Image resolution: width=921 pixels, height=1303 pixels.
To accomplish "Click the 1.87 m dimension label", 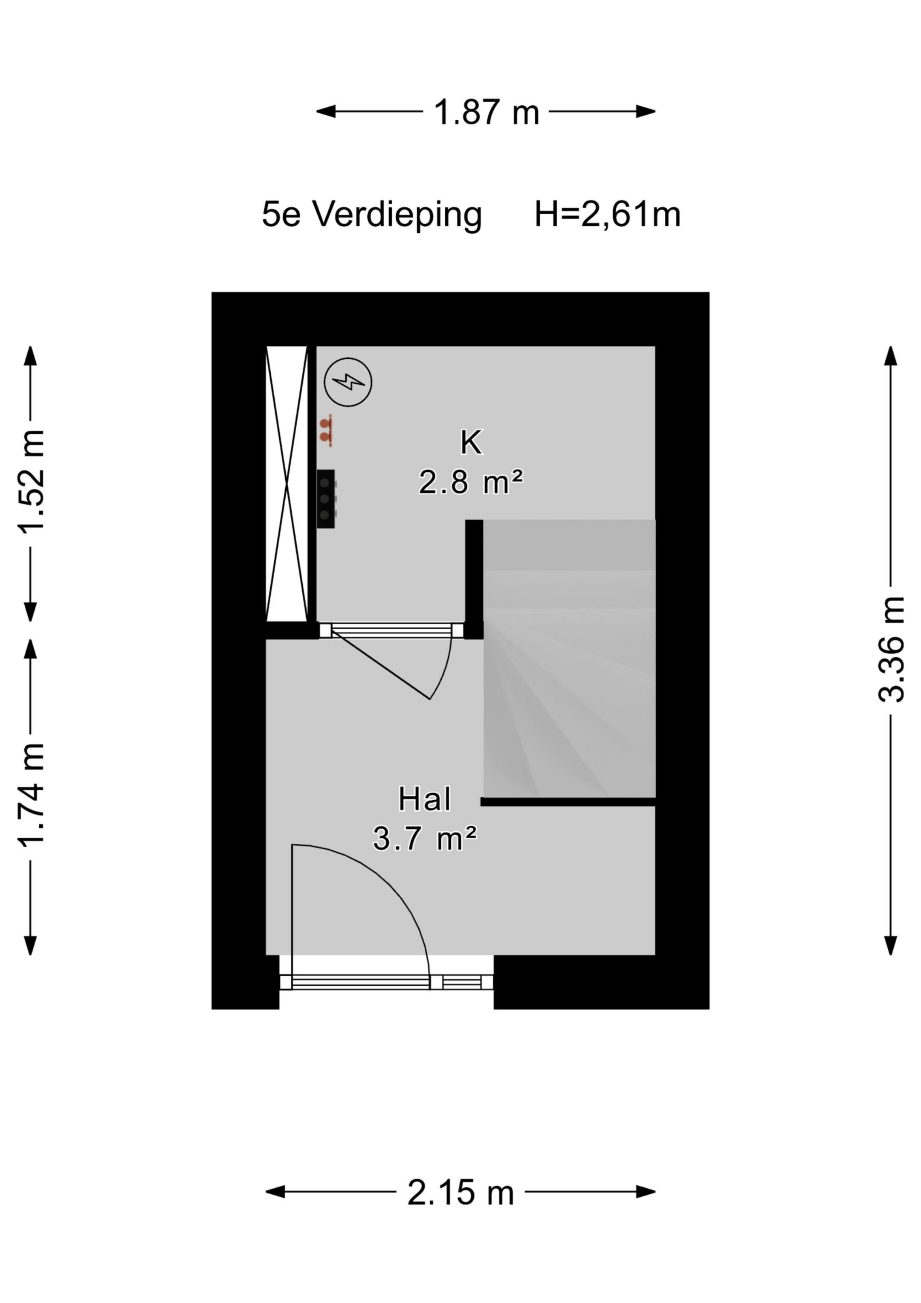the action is (487, 112).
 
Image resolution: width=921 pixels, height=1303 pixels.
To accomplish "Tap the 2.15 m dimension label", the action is (460, 1193).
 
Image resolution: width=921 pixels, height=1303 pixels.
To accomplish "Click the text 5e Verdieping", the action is (372, 215).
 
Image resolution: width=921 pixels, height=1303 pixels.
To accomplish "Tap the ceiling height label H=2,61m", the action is (607, 215).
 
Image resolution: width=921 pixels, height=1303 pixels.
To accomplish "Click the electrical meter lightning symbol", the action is (348, 382).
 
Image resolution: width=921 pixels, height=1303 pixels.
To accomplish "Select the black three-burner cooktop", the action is (326, 499).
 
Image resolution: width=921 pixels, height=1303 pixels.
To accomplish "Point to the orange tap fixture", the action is (326, 430).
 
